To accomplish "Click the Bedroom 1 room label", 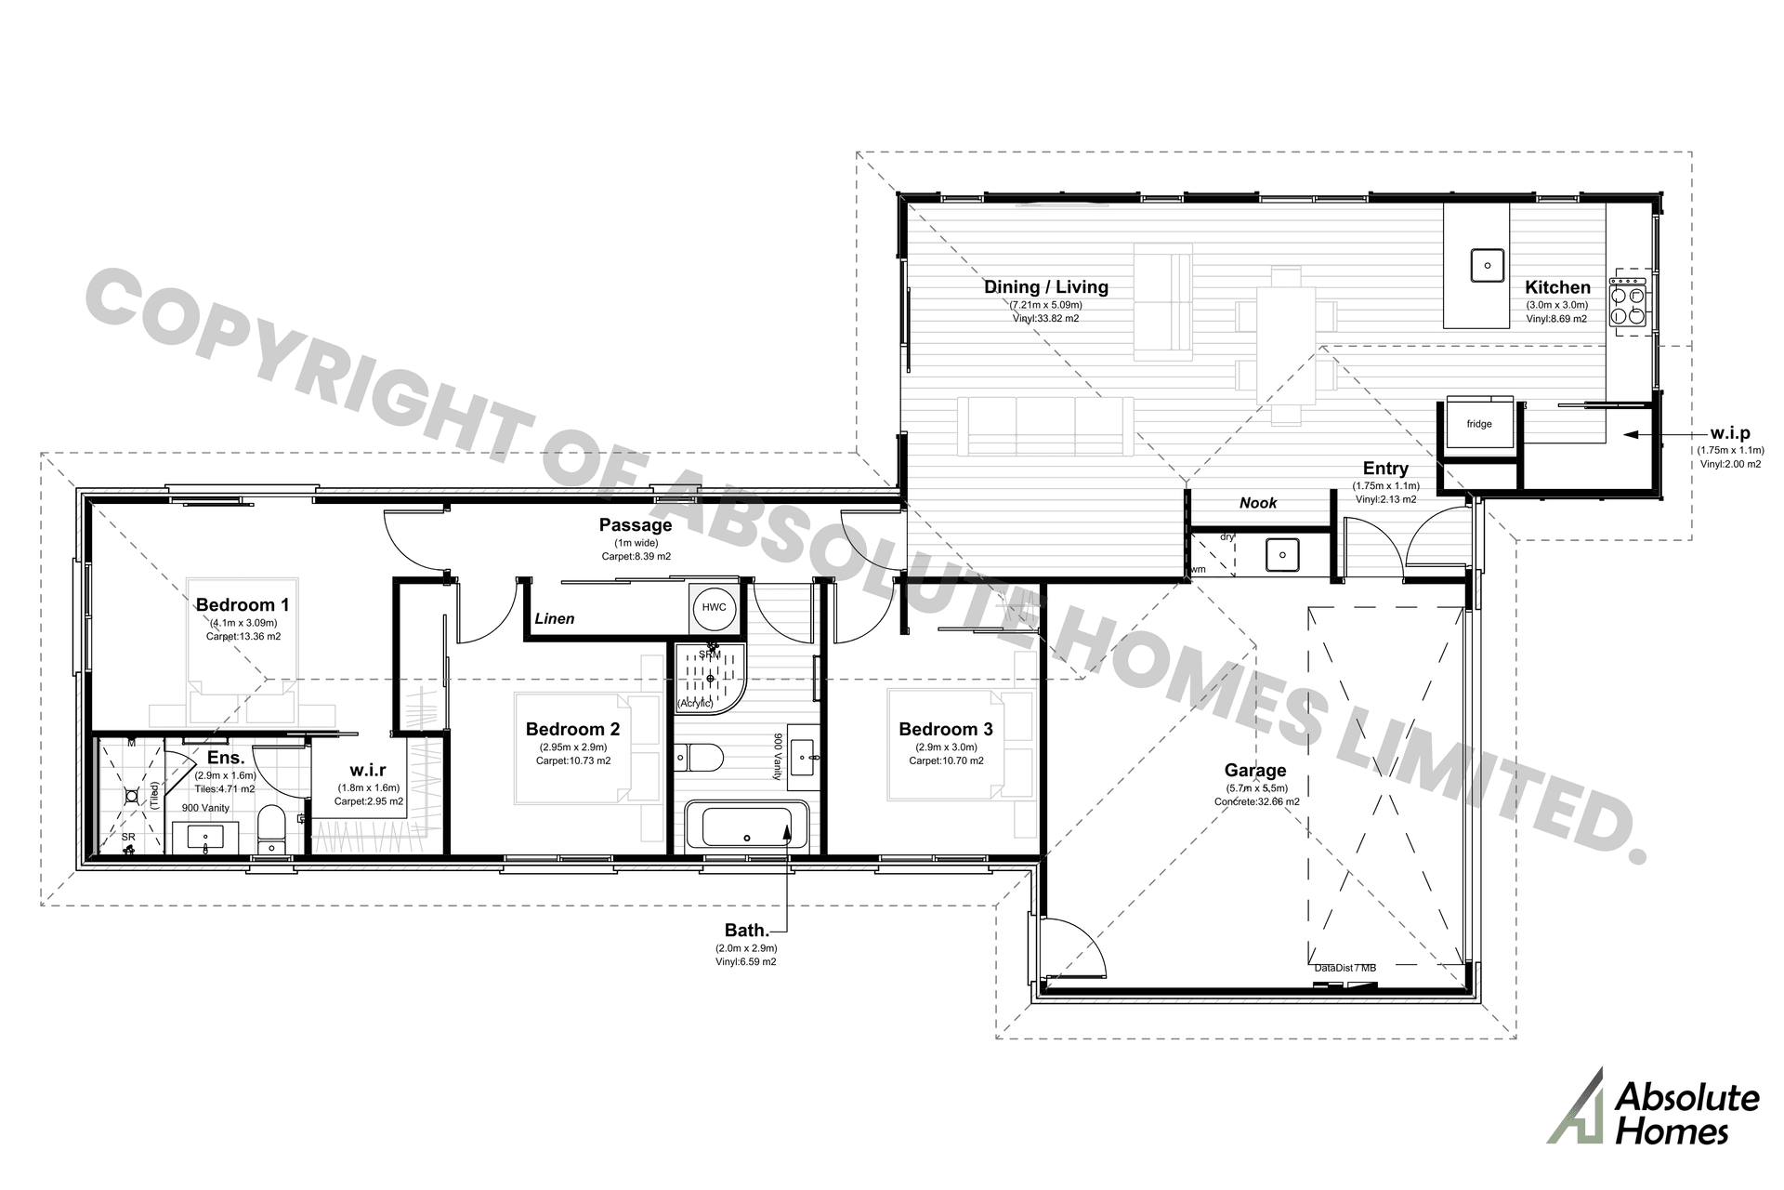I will (x=242, y=605).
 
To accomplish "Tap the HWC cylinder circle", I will (x=714, y=608).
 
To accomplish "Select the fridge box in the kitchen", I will (x=1479, y=425).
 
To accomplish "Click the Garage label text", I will (x=1254, y=770).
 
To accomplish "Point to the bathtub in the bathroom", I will (x=747, y=827).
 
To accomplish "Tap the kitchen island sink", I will (x=1487, y=265).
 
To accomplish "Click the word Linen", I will (x=555, y=618).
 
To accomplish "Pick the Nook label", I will (x=1258, y=503).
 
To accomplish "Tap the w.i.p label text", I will (x=1729, y=433).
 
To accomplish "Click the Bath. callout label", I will (x=746, y=931).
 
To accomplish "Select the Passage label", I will (x=635, y=525).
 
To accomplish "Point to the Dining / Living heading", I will (x=1046, y=287).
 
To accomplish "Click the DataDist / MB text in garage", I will (x=1345, y=968).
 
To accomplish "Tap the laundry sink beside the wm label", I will (x=1283, y=556).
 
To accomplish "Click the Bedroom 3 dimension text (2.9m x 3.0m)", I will (x=946, y=747).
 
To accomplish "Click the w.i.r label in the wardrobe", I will (x=368, y=771).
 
